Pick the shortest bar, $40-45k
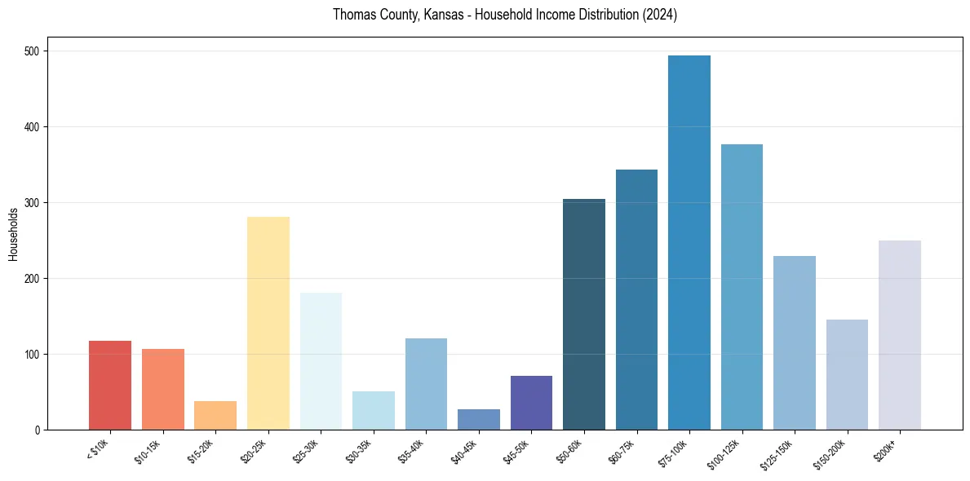[x=479, y=419]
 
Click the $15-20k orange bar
[x=215, y=415]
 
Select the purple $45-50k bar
[x=531, y=403]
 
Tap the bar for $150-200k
[x=847, y=374]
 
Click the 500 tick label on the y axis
[x=35, y=51]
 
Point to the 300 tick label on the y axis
[x=35, y=203]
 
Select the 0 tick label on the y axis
[x=40, y=430]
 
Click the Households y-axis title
[x=14, y=234]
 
